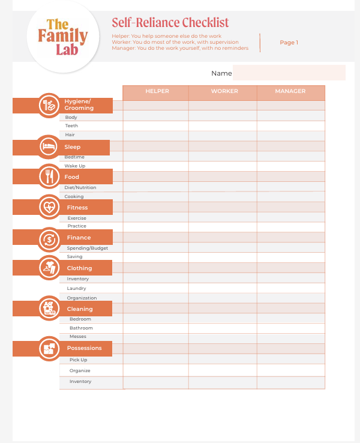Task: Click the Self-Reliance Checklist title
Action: pyautogui.click(x=170, y=23)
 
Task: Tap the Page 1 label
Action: pyautogui.click(x=289, y=43)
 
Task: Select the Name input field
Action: pyautogui.click(x=289, y=73)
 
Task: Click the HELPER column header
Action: pyautogui.click(x=157, y=91)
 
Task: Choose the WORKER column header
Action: pyautogui.click(x=224, y=91)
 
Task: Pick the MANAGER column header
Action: pyautogui.click(x=290, y=91)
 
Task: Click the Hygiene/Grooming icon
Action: pyautogui.click(x=49, y=105)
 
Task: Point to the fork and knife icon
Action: pyautogui.click(x=49, y=176)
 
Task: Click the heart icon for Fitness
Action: pyautogui.click(x=49, y=207)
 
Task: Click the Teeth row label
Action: pyautogui.click(x=71, y=126)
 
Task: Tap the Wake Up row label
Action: pyautogui.click(x=75, y=166)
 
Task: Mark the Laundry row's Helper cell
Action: pyautogui.click(x=156, y=288)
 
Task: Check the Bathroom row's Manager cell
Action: pyautogui.click(x=291, y=328)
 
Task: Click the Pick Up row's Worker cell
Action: pyautogui.click(x=223, y=360)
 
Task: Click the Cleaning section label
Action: pyautogui.click(x=80, y=309)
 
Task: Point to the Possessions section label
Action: pyautogui.click(x=84, y=348)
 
